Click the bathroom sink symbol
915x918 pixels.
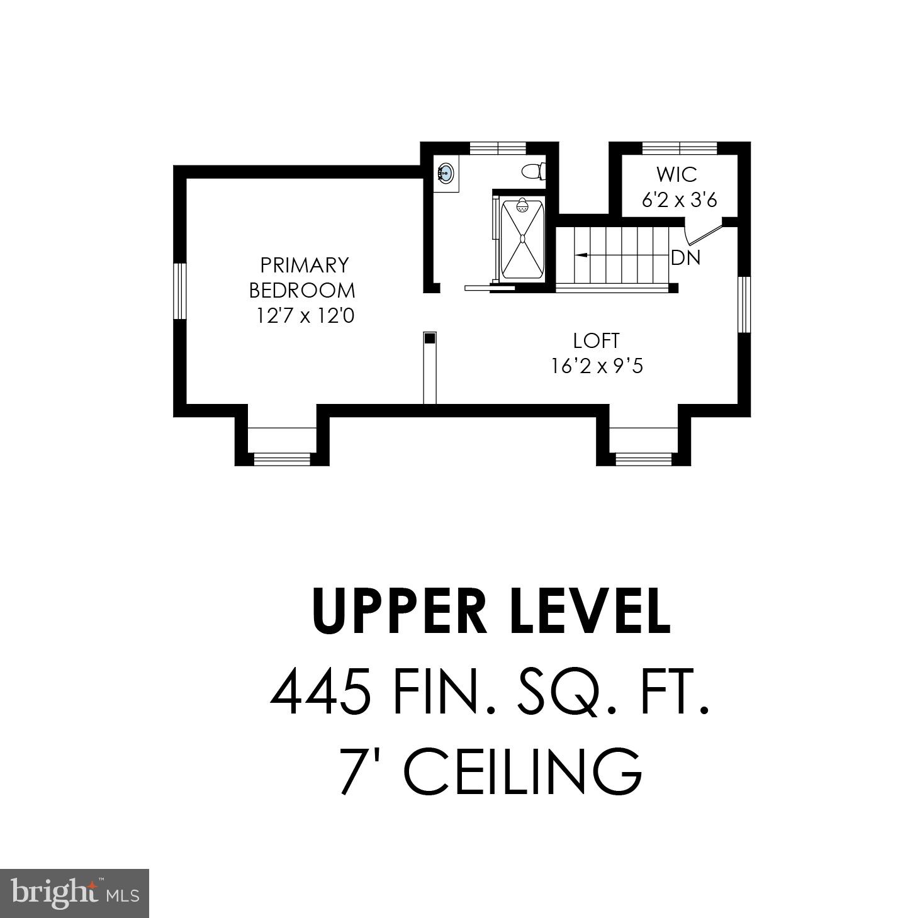[446, 172]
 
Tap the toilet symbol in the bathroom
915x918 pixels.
[534, 171]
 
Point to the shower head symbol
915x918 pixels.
[522, 206]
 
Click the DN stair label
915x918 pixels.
[686, 258]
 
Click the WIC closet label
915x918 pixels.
[677, 174]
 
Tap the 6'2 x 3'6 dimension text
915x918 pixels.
[680, 200]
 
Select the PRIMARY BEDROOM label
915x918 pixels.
[303, 277]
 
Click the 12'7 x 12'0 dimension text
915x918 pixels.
[305, 315]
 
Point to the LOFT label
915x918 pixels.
[597, 340]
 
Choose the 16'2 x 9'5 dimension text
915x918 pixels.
[597, 366]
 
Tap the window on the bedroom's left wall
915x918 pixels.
[180, 291]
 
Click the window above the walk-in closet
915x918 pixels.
[680, 148]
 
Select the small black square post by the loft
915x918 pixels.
[430, 339]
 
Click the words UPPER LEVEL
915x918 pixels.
[491, 612]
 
